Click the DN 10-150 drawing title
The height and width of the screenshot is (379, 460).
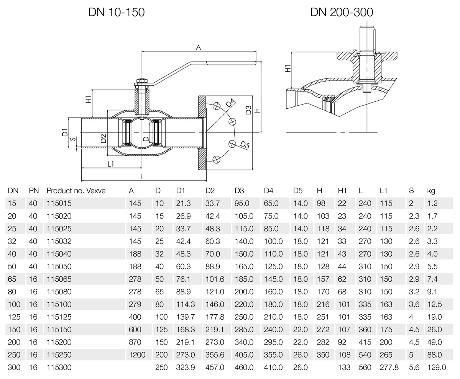[x=117, y=12]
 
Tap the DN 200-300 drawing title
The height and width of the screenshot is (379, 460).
[x=342, y=12]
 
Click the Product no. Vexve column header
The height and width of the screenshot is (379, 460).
[x=76, y=191]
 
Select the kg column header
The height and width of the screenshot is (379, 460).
[x=431, y=191]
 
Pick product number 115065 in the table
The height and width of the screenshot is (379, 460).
[x=59, y=279]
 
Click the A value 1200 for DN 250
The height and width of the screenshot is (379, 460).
[x=137, y=355]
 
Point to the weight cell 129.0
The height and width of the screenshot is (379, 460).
[x=437, y=368]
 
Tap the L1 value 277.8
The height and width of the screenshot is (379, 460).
[x=389, y=368]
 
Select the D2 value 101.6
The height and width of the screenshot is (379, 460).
[x=215, y=279]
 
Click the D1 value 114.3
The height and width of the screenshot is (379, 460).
[x=186, y=304]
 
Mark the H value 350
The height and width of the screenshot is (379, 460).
[x=323, y=355]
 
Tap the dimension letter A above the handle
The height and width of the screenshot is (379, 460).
[x=199, y=47]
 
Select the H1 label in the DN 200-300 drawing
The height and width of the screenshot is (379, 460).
[x=288, y=69]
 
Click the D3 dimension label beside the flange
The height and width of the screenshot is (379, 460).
[x=248, y=110]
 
